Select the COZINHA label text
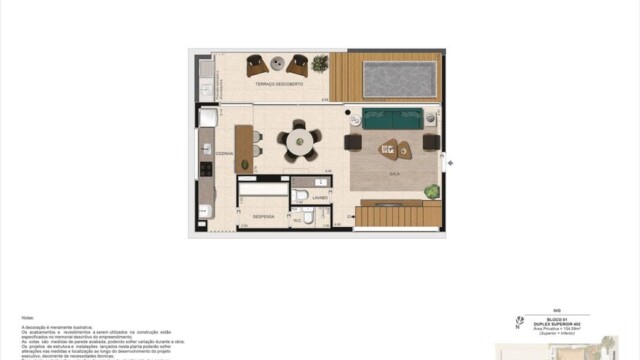tap(225, 153)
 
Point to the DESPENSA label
tap(263, 216)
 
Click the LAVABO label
tap(318, 198)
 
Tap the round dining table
tap(299, 142)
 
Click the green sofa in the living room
tap(393, 118)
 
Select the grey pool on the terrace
tap(400, 77)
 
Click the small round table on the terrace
tap(276, 66)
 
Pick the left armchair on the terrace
tap(255, 65)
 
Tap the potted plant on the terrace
tap(319, 64)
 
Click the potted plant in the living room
tap(431, 190)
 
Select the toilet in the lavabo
tap(300, 193)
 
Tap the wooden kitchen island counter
tap(242, 147)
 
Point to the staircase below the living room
tap(398, 215)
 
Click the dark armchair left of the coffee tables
tap(353, 141)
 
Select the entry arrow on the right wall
tap(450, 163)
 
